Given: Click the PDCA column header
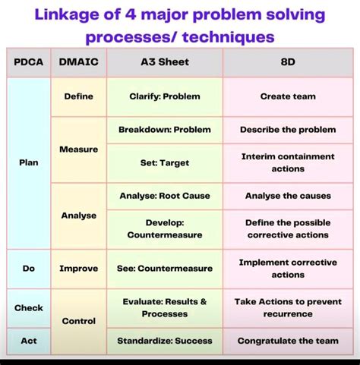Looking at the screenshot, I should coord(28,63).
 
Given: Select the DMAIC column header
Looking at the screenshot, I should coord(78,63).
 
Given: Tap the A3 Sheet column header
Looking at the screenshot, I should coord(164,63).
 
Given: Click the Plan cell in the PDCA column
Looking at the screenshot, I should coord(28,162).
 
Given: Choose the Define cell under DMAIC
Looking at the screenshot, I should coord(78,97).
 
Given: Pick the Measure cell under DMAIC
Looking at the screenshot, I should coord(78,149).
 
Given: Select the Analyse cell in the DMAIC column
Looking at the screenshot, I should coord(78,216).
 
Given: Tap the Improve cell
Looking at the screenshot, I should coord(78,268).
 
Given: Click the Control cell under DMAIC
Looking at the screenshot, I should coord(78,321).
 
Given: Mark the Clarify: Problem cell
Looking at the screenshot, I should coord(164,97).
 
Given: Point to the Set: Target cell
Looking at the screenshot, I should coord(164,162).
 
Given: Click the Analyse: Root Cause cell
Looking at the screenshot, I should coord(164,196).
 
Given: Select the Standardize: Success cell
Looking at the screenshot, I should coord(164,341).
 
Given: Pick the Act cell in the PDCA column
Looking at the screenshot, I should coord(28,341).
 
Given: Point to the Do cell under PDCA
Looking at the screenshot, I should coord(28,268).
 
